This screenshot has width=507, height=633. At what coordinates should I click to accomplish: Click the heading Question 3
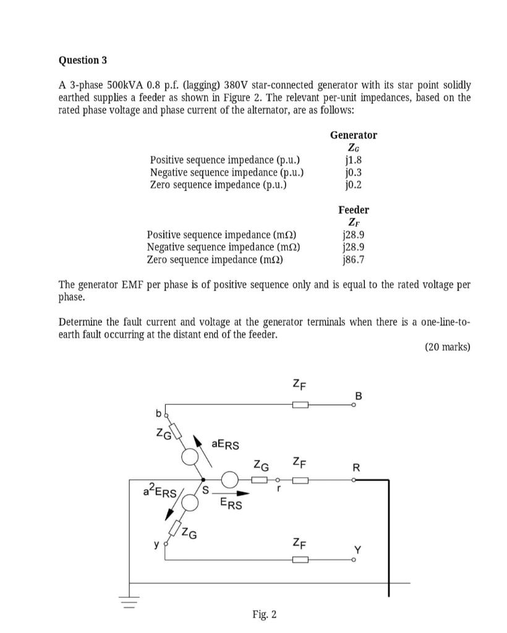tap(82, 60)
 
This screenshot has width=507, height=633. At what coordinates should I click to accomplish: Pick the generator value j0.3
tap(353, 172)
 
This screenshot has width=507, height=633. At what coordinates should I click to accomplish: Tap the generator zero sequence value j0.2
tap(353, 184)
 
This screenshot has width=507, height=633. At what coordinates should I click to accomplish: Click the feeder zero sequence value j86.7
tap(353, 260)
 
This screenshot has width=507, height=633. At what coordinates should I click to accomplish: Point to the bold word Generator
tap(353, 135)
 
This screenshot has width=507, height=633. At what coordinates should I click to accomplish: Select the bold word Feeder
tap(353, 210)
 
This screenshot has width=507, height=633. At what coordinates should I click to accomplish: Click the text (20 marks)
tap(448, 347)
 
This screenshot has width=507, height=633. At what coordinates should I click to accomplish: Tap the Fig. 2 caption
tap(265, 614)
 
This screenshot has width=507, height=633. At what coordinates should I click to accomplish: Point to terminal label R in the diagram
tap(356, 468)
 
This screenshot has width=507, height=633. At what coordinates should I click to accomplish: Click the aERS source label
tap(225, 444)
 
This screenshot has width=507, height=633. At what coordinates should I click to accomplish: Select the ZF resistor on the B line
tap(300, 405)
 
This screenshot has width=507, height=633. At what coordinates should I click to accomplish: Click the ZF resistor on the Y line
tap(300, 559)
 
